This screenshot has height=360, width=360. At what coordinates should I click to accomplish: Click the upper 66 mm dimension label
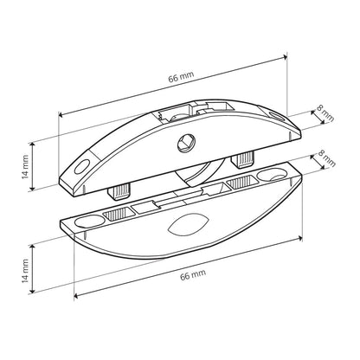182,76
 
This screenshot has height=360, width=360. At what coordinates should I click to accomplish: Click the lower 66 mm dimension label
193,274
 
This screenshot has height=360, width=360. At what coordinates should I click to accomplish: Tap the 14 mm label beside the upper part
25,167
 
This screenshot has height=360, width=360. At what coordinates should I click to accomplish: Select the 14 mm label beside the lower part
25,271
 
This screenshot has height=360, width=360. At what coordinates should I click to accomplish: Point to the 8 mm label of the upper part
325,113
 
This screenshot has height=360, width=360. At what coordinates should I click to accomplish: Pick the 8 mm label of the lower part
327,158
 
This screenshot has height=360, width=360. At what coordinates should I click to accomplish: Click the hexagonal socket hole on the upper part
186,143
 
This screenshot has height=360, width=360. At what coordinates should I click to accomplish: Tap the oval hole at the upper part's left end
82,167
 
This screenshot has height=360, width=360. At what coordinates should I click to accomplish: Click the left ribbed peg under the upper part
119,192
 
